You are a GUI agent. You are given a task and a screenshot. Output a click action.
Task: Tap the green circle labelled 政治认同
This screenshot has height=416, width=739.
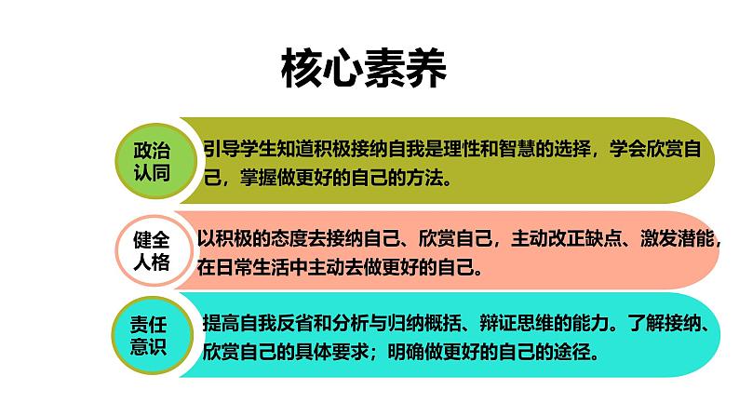tap(153, 159)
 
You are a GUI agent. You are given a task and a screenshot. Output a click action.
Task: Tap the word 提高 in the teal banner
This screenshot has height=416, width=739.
tap(220, 325)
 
